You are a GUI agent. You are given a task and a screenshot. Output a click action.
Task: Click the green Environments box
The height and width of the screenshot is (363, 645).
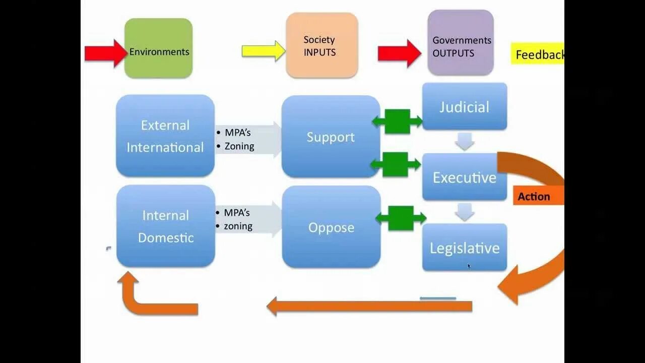click(158, 48)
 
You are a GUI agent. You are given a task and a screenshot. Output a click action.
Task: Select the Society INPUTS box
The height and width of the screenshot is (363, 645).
click(321, 45)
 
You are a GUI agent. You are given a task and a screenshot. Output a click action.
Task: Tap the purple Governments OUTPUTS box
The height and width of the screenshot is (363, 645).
click(460, 43)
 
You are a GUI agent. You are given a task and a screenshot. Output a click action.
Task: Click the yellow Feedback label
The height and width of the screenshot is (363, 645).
click(537, 54)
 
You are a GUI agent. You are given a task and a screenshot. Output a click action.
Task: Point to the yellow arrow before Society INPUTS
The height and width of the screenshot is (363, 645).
click(263, 51)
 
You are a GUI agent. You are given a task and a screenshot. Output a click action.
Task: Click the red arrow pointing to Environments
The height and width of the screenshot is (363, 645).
click(105, 53)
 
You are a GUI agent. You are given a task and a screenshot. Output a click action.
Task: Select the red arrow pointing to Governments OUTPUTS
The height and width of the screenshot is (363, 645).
click(399, 53)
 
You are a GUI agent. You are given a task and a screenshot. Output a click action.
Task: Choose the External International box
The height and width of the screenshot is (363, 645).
click(165, 136)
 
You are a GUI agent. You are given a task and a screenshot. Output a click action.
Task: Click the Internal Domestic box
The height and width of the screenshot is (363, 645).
click(166, 226)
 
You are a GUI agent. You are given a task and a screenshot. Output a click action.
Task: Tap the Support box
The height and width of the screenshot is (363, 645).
click(331, 137)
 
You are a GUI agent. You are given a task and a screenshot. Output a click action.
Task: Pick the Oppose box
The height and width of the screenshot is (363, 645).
click(331, 227)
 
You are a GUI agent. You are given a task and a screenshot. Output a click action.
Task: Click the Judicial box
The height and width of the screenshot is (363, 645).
click(464, 107)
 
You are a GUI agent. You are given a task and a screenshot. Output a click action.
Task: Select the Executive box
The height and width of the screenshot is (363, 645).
click(464, 177)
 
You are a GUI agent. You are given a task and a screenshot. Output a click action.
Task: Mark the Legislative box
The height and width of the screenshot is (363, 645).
click(464, 248)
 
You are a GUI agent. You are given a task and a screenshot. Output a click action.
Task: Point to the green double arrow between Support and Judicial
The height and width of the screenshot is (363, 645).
click(397, 121)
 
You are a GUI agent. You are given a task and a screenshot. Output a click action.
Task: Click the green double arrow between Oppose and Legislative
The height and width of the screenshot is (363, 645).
click(401, 218)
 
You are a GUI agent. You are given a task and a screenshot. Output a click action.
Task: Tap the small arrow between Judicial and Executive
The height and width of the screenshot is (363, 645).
click(464, 142)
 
